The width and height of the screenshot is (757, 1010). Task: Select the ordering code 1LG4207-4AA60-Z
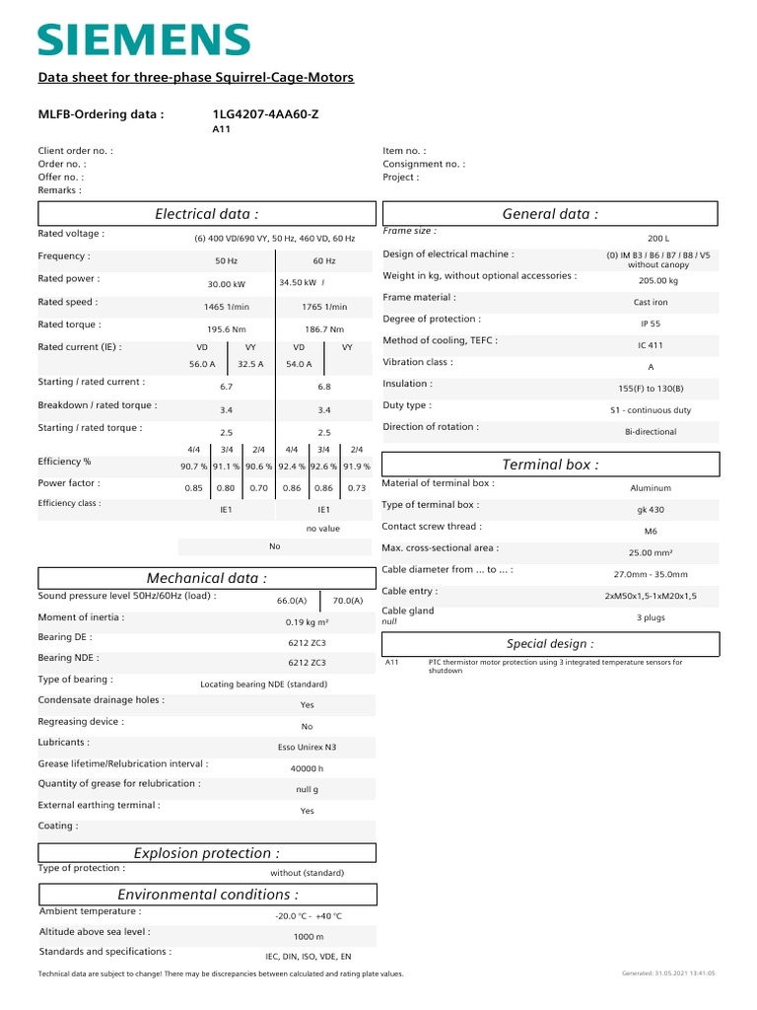265,114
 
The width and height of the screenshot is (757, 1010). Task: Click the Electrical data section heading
207,214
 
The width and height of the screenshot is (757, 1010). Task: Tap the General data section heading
550,214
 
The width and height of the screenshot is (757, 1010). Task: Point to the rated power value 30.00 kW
227,283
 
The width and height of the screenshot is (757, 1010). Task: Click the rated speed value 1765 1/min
324,307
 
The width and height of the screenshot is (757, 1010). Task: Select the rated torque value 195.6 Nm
227,329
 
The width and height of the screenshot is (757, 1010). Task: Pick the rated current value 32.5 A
251,364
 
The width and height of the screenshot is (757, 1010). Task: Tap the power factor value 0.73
357,488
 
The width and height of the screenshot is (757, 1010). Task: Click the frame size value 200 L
657,239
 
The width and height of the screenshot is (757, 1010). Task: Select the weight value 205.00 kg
657,280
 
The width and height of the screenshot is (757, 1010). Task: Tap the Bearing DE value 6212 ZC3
307,641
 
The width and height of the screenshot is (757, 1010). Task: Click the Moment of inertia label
81,616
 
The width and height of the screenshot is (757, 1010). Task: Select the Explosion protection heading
207,853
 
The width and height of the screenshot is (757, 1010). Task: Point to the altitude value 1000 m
309,937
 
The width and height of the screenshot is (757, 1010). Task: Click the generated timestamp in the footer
668,974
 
